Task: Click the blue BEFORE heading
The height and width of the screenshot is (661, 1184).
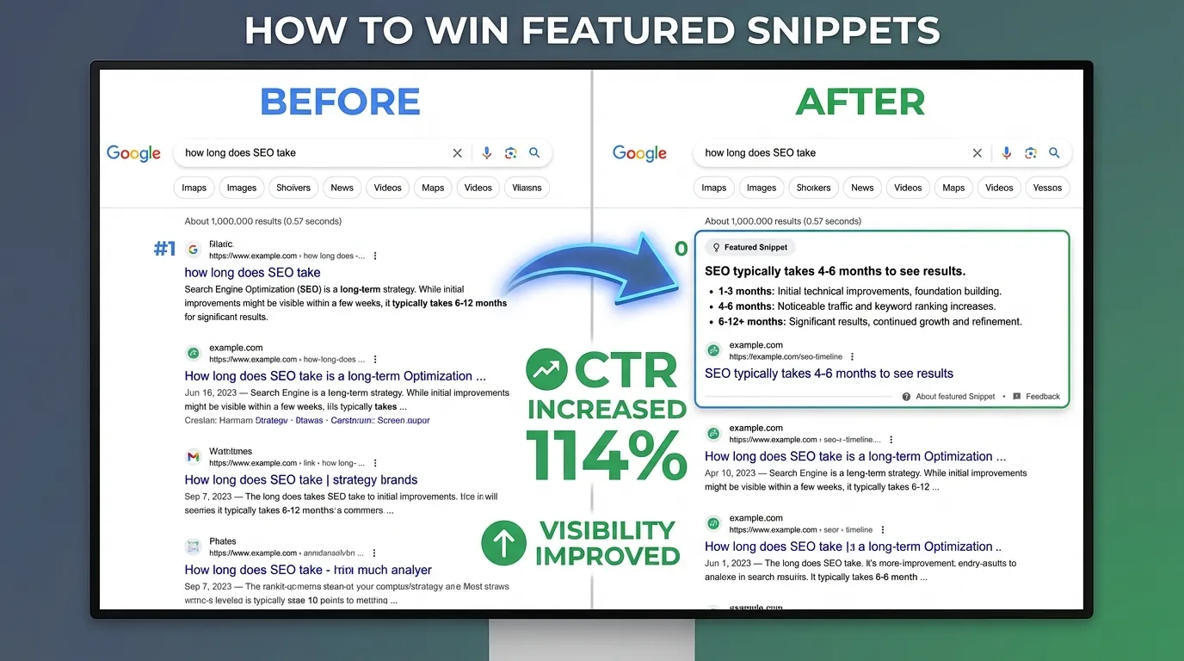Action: click(340, 102)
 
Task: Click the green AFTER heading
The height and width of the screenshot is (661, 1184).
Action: click(860, 102)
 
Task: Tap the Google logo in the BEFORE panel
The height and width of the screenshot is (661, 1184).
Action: click(133, 153)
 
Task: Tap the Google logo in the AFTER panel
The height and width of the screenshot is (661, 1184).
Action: click(639, 153)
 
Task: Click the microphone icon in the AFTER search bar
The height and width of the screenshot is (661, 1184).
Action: click(1006, 152)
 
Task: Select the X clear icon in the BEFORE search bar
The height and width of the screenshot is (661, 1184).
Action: click(457, 153)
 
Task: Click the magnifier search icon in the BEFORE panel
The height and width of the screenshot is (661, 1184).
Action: click(534, 152)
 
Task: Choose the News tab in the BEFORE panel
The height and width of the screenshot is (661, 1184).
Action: click(342, 188)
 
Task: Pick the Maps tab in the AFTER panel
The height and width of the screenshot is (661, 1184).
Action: click(953, 188)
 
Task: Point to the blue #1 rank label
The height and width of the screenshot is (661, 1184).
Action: click(164, 250)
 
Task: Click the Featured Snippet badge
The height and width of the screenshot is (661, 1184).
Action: click(749, 247)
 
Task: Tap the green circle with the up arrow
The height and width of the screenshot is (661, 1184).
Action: click(503, 542)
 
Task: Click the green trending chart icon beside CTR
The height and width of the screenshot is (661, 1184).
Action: click(546, 371)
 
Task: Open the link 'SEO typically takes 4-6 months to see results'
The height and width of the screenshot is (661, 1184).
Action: click(829, 374)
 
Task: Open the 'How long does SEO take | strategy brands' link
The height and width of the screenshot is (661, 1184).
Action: click(300, 480)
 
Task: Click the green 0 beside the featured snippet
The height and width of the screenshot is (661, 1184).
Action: click(681, 250)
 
